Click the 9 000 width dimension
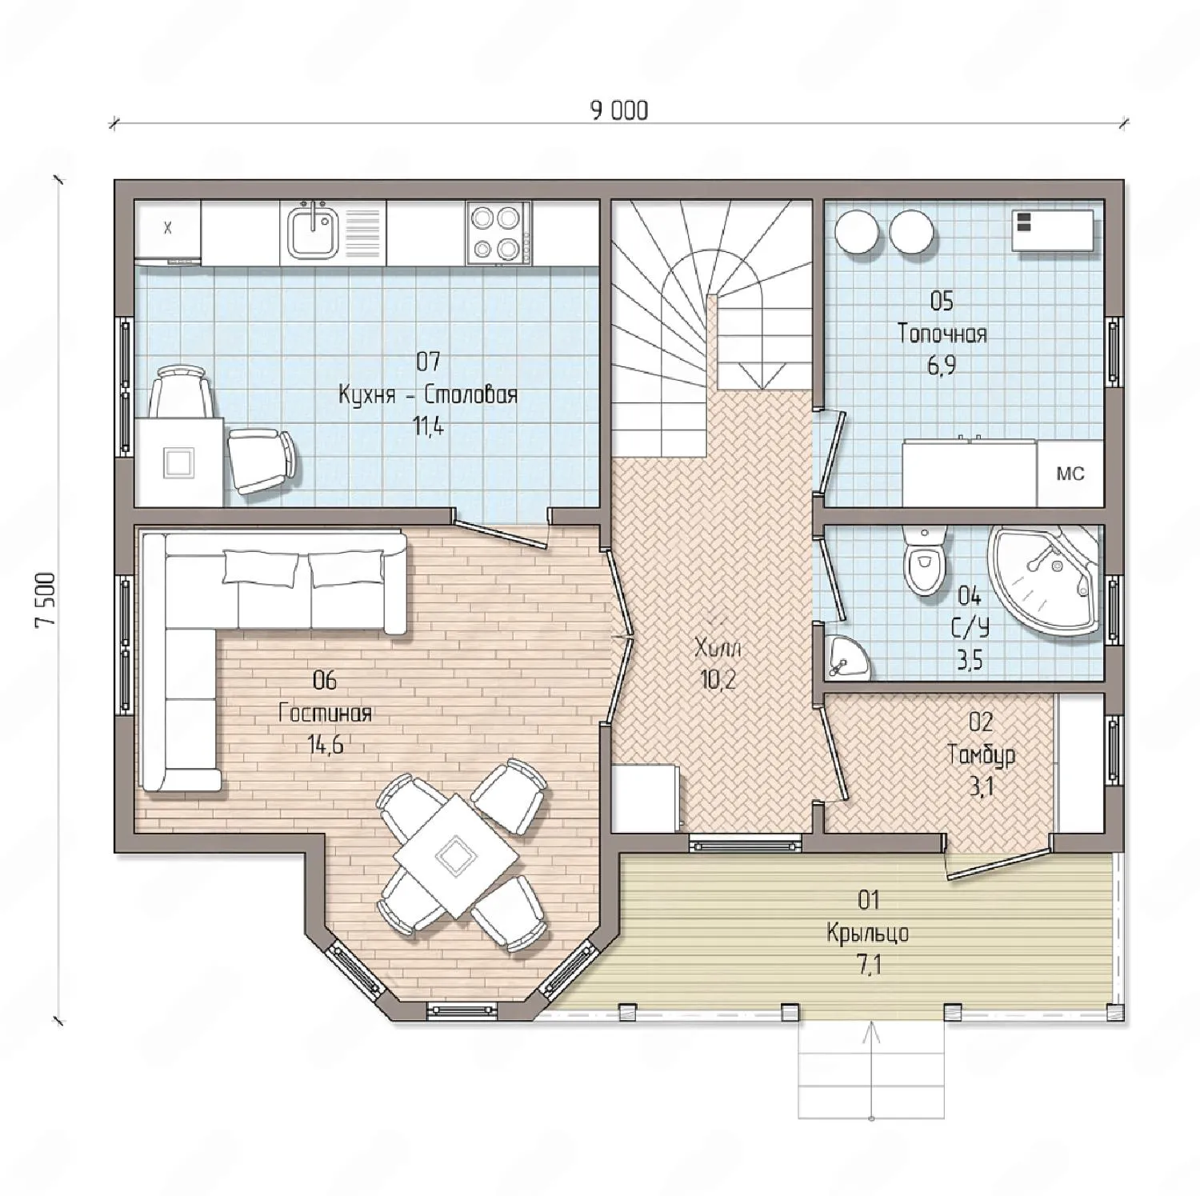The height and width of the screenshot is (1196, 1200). (x=619, y=110)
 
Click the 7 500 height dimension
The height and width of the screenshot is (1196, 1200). (x=45, y=600)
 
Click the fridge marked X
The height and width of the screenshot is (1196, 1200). (x=167, y=230)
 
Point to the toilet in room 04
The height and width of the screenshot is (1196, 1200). (x=924, y=561)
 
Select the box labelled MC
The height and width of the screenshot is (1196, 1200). (x=1070, y=473)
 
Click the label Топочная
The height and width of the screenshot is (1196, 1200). (x=942, y=333)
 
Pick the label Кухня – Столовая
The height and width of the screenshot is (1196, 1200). (x=428, y=394)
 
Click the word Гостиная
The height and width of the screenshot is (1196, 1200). (x=325, y=713)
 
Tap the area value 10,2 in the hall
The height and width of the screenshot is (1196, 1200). (x=718, y=680)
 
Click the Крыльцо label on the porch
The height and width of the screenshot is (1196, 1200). (x=868, y=933)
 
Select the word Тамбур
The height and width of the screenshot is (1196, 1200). (x=981, y=754)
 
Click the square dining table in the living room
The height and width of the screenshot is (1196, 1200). (x=456, y=856)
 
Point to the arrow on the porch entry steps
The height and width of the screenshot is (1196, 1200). (x=871, y=1071)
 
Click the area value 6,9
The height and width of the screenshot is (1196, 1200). (x=942, y=366)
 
